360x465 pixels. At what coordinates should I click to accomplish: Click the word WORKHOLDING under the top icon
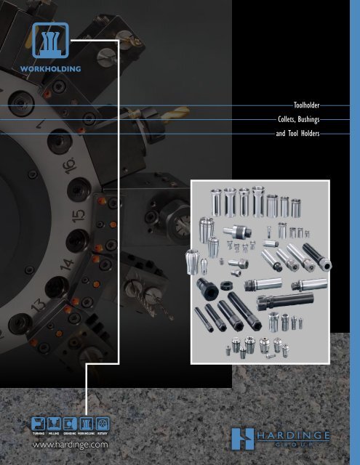pos(50,70)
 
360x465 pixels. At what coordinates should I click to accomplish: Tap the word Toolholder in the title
pos(301,105)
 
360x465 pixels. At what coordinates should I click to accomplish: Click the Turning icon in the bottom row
pos(33,421)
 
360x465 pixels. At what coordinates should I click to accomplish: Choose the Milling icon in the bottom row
pos(52,421)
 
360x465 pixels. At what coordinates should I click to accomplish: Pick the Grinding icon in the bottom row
pos(72,421)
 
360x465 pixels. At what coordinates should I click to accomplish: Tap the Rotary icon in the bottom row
pos(110,421)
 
